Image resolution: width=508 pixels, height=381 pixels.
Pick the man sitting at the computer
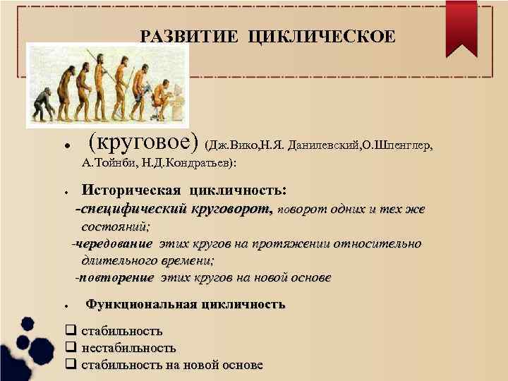pyautogui.click(x=163, y=99)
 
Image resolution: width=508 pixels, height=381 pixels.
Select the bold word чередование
pyautogui.click(x=114, y=244)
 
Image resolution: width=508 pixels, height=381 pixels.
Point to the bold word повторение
pyautogui.click(x=117, y=278)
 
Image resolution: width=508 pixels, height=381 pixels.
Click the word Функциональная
pyautogui.click(x=139, y=305)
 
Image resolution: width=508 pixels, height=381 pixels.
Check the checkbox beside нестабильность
pyautogui.click(x=70, y=347)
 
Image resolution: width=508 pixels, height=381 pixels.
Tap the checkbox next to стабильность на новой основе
pyautogui.click(x=70, y=365)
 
